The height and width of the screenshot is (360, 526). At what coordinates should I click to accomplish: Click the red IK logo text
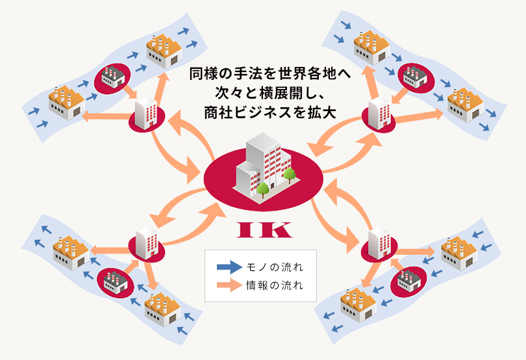pos(262,229)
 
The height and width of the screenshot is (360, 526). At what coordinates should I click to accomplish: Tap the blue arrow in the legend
pos(228,266)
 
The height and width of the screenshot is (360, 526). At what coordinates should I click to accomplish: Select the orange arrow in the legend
pos(228,285)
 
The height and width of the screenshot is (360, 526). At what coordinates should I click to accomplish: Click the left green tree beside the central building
pos(263,189)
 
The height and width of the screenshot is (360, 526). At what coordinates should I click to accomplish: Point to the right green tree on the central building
pos(288,174)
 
